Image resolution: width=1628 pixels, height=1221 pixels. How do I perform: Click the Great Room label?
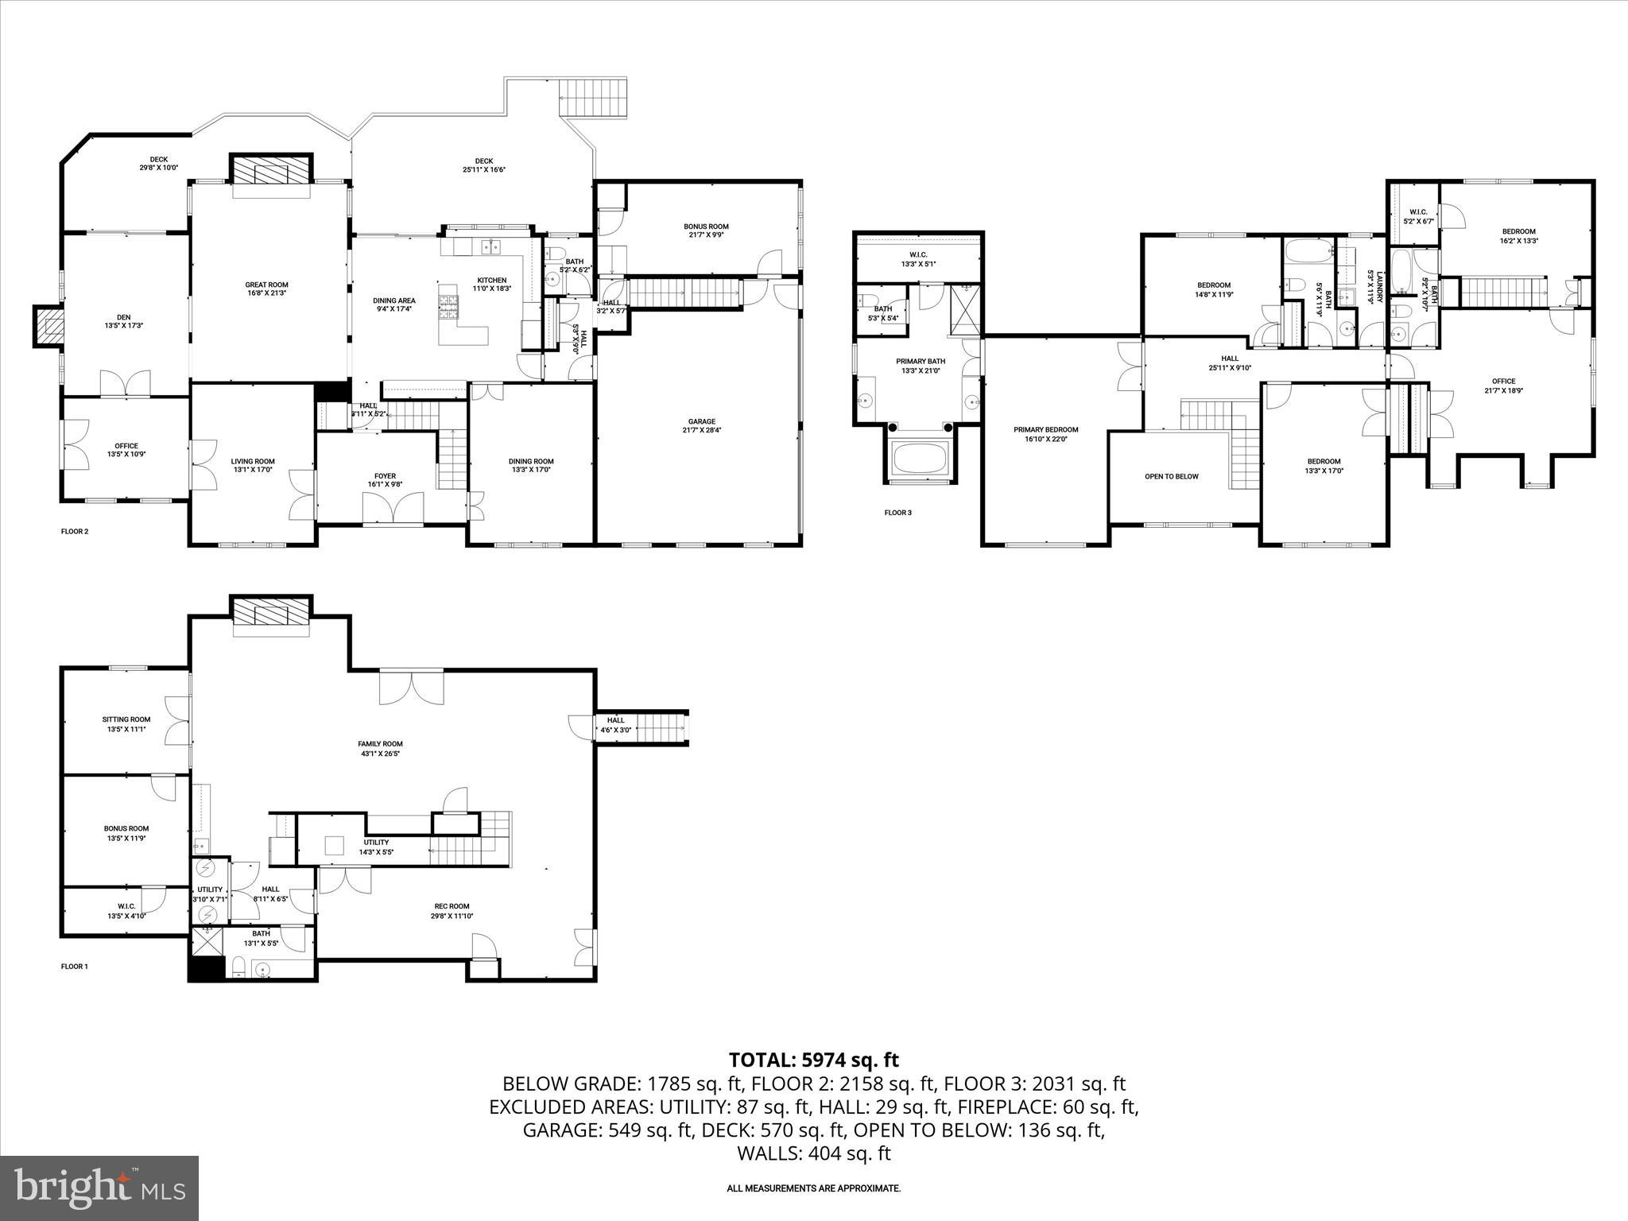(266, 285)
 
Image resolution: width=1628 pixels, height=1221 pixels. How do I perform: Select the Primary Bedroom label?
(1045, 429)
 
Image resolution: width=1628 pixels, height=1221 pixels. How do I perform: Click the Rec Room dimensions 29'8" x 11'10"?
(452, 916)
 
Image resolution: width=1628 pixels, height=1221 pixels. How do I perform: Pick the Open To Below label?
(1171, 476)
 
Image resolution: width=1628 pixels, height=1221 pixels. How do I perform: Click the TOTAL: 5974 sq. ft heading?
(813, 1060)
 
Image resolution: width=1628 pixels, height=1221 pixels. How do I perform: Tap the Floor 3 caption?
(897, 513)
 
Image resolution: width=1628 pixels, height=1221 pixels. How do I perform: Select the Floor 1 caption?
(75, 967)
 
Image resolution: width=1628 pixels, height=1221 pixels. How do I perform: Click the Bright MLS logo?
(99, 1188)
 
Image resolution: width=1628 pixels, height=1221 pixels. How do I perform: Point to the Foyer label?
(385, 476)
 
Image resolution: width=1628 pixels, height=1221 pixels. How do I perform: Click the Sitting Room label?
(126, 719)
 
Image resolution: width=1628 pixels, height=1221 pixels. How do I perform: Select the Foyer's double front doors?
(393, 509)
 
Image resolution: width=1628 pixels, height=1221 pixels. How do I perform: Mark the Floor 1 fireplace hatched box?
(271, 616)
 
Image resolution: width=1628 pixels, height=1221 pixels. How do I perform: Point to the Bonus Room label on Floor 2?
(706, 227)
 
